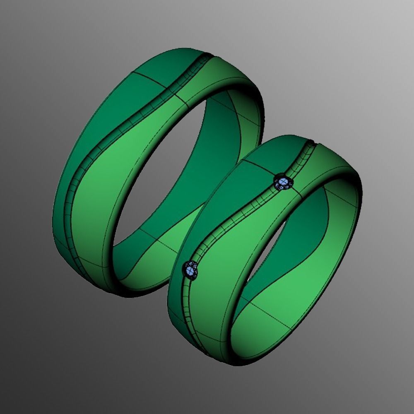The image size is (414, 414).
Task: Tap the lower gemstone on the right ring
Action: coord(191,270)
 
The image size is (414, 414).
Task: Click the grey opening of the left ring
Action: coord(166,174)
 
